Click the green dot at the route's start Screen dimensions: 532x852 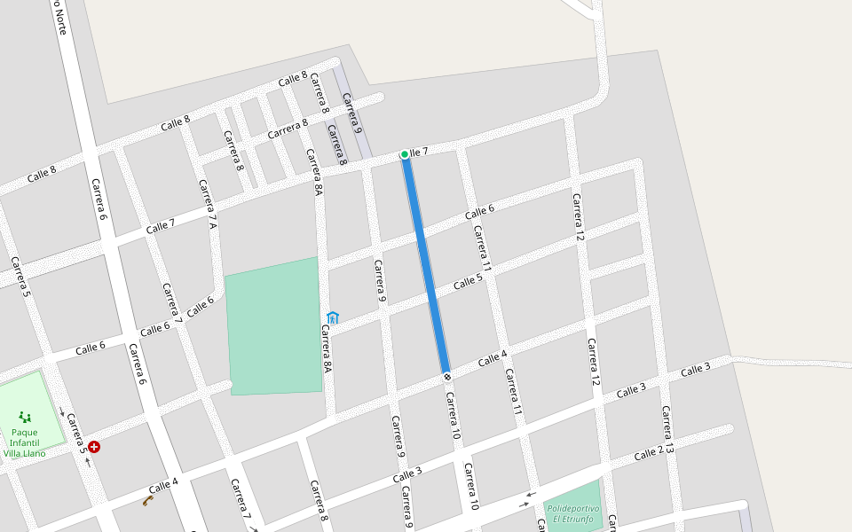405,154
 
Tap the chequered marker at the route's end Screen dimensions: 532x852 446,376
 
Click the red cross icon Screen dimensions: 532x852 94,447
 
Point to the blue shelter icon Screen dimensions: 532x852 333,317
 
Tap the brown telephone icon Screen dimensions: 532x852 148,501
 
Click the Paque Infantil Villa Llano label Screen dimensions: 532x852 25,441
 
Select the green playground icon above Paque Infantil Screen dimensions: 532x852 25,416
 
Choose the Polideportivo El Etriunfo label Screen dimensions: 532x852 572,513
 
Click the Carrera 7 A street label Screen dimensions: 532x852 208,205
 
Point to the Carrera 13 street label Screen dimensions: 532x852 668,431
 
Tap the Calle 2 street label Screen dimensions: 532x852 649,454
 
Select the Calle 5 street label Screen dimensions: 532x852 468,282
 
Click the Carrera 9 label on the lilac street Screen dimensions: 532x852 352,113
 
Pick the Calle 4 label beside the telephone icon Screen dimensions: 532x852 163,486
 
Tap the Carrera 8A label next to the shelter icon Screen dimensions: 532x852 327,348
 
